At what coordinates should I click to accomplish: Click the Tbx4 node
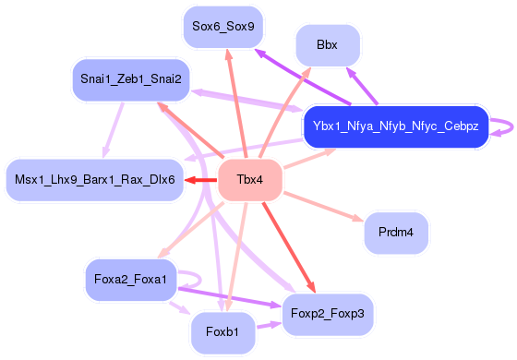245,179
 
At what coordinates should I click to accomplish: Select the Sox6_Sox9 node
222,26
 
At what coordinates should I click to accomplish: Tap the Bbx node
328,45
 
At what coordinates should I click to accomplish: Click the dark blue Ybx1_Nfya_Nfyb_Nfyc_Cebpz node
395,126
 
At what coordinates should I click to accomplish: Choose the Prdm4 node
395,233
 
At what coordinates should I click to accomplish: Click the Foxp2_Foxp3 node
328,313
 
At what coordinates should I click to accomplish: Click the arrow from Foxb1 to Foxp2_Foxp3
269,325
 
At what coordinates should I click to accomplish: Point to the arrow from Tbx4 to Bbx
286,112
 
